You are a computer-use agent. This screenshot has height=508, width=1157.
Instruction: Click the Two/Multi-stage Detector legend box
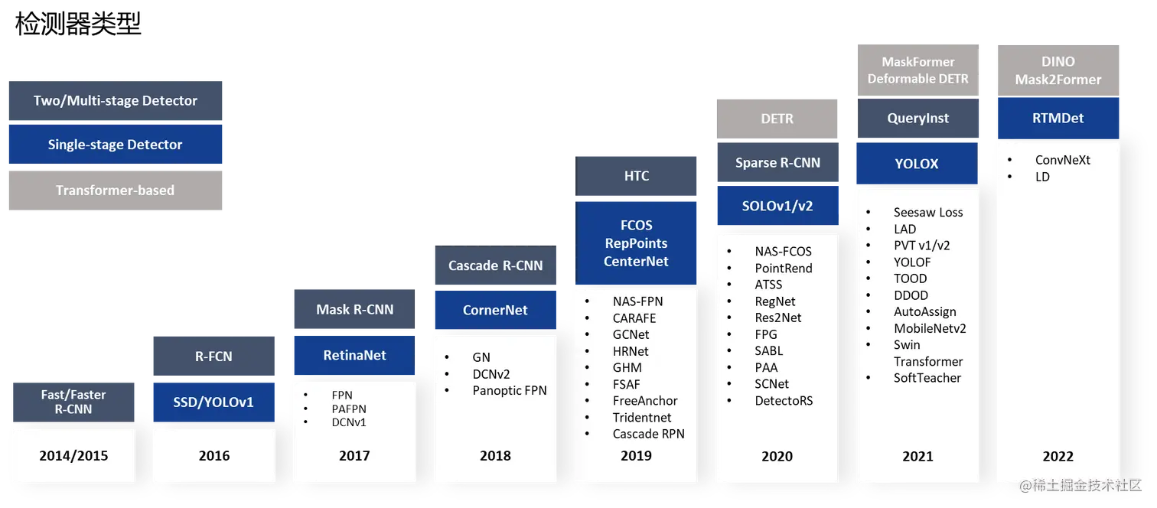tap(116, 101)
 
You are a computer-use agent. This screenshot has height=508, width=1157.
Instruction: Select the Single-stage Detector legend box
tap(116, 145)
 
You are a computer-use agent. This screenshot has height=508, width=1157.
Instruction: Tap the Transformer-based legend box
tap(116, 190)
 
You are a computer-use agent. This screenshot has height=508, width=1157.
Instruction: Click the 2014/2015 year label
tap(73, 456)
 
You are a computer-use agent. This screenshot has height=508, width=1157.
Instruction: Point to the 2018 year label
tap(495, 456)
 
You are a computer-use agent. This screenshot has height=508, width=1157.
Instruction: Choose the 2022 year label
tap(1058, 456)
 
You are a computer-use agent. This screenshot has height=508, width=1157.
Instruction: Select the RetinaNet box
tap(354, 355)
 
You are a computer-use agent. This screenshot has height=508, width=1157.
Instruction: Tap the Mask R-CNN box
tap(354, 310)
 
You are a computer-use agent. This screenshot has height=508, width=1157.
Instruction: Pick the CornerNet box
tap(495, 311)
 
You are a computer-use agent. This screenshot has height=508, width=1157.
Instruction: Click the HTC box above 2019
tap(637, 176)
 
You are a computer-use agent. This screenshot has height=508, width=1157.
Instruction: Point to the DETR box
tap(777, 119)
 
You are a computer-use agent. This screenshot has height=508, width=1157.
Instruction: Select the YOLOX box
tap(917, 164)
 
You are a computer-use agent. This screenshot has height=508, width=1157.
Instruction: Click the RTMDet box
tap(1058, 119)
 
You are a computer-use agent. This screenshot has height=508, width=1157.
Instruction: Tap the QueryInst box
tap(917, 119)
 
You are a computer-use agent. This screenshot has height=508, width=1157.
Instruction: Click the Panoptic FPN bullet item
tap(509, 391)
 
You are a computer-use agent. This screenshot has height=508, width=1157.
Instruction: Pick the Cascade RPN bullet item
tap(648, 434)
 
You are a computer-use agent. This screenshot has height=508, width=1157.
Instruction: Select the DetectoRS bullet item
tap(784, 400)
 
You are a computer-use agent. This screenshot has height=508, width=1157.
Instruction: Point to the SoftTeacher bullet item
tap(927, 378)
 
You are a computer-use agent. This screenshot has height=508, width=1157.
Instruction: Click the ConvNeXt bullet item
tap(1062, 160)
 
